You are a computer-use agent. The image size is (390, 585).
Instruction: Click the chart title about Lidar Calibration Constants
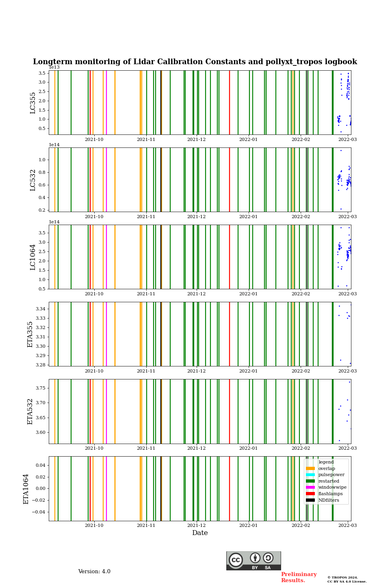(x=195, y=62)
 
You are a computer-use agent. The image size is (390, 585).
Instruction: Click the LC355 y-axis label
(x=33, y=103)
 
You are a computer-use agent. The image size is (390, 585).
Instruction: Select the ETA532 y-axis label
(x=30, y=412)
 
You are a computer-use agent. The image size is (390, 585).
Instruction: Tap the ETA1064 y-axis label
(x=26, y=489)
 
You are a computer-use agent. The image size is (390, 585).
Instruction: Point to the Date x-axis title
(x=200, y=533)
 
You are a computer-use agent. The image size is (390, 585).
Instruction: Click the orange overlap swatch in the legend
(x=310, y=468)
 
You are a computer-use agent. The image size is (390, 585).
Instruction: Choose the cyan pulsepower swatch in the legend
(x=310, y=475)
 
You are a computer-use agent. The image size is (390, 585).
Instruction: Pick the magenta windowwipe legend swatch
(x=310, y=487)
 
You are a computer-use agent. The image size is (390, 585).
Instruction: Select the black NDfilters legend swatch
(x=310, y=500)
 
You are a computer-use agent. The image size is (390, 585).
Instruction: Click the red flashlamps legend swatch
(x=310, y=494)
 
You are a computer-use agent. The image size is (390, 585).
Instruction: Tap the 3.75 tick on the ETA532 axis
(x=40, y=388)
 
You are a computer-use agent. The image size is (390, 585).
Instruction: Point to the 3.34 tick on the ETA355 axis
(x=40, y=309)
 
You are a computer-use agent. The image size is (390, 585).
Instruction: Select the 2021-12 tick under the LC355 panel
(x=196, y=139)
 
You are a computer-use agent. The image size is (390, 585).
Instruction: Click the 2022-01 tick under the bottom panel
(x=248, y=525)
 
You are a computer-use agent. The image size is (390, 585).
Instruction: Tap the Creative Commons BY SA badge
(x=253, y=561)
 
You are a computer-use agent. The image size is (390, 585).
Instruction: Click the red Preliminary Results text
(x=299, y=577)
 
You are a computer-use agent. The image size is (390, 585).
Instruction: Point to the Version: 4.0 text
(x=94, y=572)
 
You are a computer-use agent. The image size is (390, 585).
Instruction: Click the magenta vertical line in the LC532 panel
(x=106, y=180)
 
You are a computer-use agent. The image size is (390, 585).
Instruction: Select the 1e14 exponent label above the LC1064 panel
(x=54, y=222)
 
